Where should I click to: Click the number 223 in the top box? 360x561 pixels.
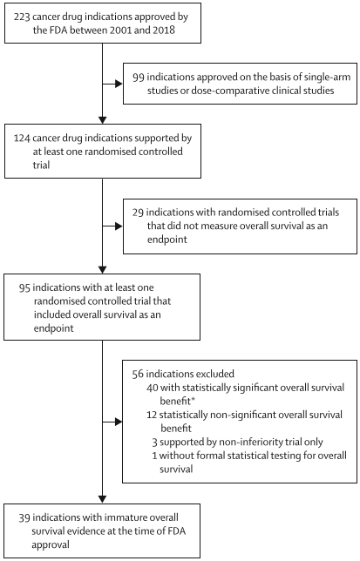(22, 17)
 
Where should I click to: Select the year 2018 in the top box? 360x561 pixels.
(164, 30)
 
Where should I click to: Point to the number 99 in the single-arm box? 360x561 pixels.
(139, 78)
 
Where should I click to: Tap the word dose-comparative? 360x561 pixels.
(234, 91)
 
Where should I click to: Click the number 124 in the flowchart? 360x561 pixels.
(22, 139)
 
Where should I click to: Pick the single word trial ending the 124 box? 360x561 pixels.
(42, 166)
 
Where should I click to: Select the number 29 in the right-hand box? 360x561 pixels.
(138, 213)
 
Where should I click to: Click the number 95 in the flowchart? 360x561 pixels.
(24, 287)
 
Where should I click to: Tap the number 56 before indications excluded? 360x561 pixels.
(138, 375)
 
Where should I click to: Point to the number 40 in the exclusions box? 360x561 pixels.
(153, 388)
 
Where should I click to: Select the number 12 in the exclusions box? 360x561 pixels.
(152, 415)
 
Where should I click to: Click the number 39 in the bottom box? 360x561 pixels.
(24, 517)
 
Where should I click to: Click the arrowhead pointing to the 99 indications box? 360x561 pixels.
(119, 84)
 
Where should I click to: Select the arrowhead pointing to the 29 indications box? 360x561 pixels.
(119, 226)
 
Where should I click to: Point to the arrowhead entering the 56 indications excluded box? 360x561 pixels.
(119, 422)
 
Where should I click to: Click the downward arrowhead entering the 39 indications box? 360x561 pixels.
(102, 499)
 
